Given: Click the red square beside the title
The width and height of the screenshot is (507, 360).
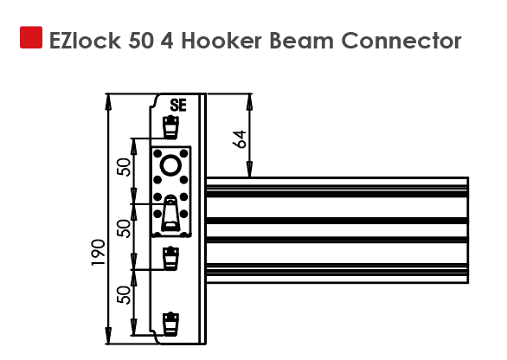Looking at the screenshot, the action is [x=31, y=37].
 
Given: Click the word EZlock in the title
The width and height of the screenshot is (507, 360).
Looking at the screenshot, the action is [x=85, y=41].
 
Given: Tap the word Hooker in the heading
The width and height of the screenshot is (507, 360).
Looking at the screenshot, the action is [x=221, y=41].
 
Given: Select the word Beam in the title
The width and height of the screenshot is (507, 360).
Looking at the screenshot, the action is [x=301, y=41].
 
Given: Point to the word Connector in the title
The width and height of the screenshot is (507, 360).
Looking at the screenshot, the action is [x=401, y=41].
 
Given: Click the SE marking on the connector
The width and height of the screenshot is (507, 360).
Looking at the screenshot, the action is [x=178, y=106].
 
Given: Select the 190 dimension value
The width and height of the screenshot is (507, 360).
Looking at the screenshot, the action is [x=99, y=253].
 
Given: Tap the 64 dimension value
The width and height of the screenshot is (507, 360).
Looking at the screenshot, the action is [x=240, y=139].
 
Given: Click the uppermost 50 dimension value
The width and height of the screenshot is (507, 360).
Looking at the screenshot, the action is [x=125, y=167].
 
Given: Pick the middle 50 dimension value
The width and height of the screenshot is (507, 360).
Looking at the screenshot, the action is [x=125, y=228].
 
